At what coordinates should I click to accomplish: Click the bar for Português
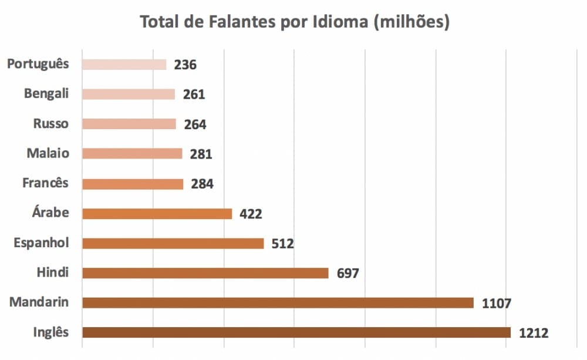[124, 65]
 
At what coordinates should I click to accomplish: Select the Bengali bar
[129, 94]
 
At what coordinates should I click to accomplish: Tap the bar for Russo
[129, 124]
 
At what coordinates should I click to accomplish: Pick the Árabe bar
[157, 213]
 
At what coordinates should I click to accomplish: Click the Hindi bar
[205, 272]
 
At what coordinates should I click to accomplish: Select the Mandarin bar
[278, 302]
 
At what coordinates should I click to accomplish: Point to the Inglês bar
[296, 332]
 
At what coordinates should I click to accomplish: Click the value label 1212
[534, 334]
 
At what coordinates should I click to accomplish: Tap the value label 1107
[497, 304]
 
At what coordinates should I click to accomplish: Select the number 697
[348, 274]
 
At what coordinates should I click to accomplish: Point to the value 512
[282, 244]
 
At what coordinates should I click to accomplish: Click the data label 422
[251, 214]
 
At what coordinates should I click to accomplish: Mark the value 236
[185, 65]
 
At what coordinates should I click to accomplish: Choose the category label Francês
[45, 183]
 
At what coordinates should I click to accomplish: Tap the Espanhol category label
[41, 243]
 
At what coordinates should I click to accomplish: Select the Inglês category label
[50, 332]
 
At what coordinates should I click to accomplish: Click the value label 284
[202, 184]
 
